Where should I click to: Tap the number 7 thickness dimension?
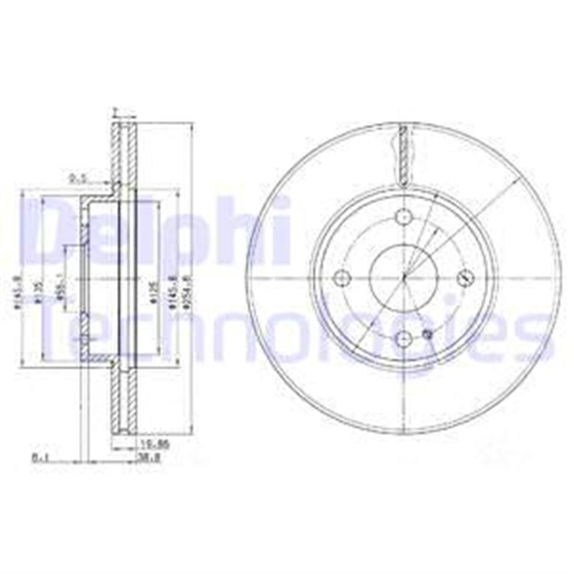pos(115,111)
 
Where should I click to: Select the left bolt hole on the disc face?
pos(342,278)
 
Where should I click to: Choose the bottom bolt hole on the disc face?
pos(403,338)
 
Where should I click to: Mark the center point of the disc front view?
pos(403,277)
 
